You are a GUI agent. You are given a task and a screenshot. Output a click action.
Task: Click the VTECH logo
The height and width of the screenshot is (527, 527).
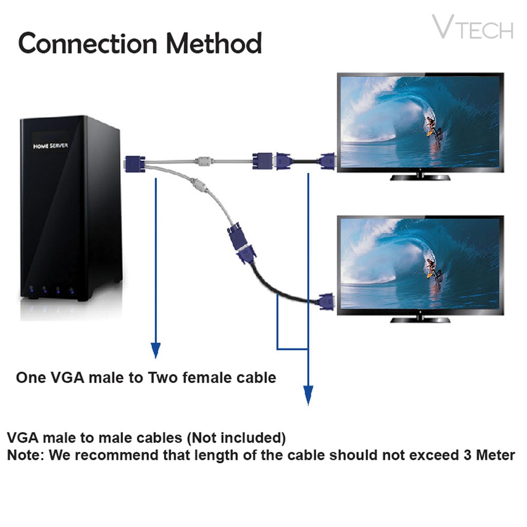pyautogui.click(x=472, y=28)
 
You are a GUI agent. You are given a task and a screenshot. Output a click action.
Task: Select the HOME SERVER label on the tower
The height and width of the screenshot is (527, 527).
pyautogui.click(x=50, y=146)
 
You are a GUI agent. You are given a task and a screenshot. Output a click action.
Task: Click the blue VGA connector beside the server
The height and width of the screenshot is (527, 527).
pyautogui.click(x=135, y=163)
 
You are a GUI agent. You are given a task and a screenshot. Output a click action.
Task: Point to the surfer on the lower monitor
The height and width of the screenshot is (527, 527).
pyautogui.click(x=431, y=268)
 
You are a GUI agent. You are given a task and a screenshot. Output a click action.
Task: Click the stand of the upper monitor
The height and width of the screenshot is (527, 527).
pyautogui.click(x=420, y=176)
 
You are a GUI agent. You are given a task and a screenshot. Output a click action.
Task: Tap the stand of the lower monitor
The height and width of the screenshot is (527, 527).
pyautogui.click(x=420, y=318)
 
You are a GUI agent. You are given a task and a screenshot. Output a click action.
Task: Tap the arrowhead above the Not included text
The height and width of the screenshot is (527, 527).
pyautogui.click(x=308, y=395)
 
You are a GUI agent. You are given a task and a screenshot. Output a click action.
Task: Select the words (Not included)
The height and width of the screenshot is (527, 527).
pyautogui.click(x=236, y=438)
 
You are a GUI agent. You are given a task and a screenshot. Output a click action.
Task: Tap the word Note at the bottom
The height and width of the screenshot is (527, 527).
pyautogui.click(x=23, y=455)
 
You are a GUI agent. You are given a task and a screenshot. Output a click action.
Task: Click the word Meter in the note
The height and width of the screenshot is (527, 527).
pyautogui.click(x=494, y=455)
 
